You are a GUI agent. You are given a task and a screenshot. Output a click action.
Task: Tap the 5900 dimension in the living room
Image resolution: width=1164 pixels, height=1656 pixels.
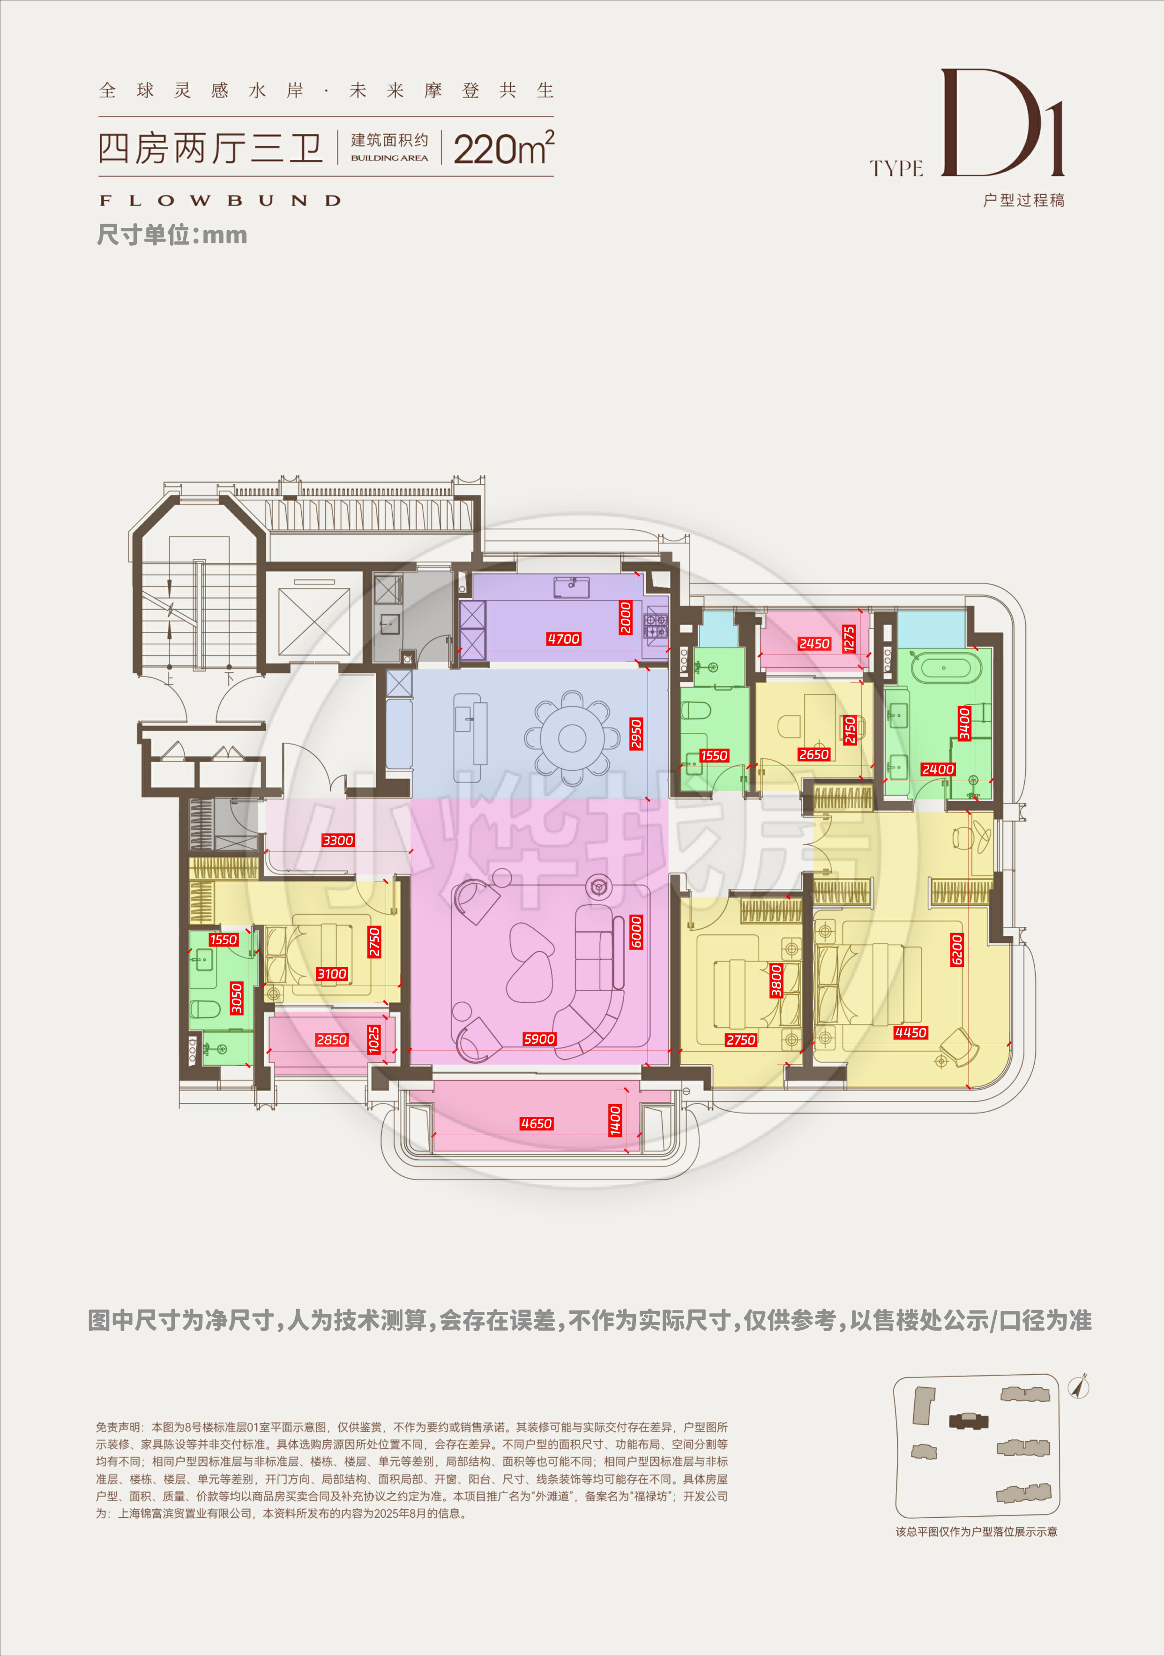[539, 1039]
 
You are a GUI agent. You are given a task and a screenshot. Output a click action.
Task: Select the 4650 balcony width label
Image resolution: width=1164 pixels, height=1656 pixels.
[536, 1123]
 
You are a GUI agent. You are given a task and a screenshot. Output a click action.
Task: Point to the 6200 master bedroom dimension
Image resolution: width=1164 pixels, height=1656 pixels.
[956, 949]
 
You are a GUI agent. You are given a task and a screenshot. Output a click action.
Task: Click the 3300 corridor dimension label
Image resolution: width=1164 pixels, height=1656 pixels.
[337, 840]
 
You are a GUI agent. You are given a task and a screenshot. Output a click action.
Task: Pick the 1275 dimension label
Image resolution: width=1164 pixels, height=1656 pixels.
[849, 639]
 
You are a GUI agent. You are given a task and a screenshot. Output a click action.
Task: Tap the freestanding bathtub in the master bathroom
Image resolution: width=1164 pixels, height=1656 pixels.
[943, 667]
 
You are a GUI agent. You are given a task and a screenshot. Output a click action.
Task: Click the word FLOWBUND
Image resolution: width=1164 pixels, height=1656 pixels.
[220, 201]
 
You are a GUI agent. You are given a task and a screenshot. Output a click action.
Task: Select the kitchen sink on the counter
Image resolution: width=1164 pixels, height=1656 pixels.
[572, 588]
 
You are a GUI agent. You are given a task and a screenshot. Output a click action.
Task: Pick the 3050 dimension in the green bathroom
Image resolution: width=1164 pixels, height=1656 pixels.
[236, 998]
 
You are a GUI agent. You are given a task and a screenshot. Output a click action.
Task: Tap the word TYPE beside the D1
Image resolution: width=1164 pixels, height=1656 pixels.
[896, 169]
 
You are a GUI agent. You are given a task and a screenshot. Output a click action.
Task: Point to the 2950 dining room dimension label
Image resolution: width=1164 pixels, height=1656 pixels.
[636, 734]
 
